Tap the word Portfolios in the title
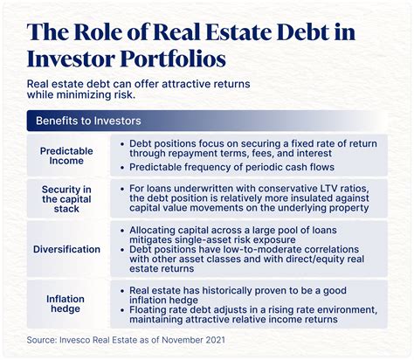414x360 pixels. coord(173,59)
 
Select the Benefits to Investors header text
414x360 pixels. coord(88,121)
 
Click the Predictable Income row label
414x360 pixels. coord(66,156)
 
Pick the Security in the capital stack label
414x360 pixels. coord(66,199)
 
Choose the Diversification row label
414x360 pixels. coord(66,249)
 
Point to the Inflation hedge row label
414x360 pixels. coord(66,303)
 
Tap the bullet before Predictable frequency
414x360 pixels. coord(122,168)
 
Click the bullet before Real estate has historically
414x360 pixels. coord(122,291)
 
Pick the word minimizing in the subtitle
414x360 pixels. coord(81,94)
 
